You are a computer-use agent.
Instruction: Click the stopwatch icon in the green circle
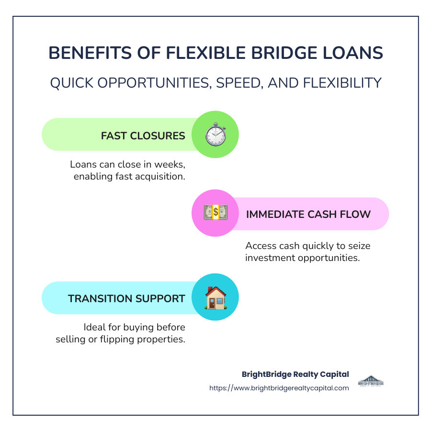(215, 135)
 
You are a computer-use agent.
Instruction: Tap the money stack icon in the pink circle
(215, 214)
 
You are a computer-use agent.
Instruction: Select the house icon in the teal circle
(215, 297)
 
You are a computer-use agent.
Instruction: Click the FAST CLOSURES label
(143, 136)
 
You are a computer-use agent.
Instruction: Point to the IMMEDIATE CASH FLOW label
(308, 214)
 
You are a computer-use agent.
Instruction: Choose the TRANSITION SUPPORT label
(126, 298)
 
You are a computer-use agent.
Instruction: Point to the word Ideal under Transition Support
(95, 328)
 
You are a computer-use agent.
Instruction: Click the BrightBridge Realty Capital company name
(295, 374)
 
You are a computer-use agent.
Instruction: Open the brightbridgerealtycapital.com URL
(279, 388)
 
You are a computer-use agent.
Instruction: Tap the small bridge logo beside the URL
(371, 381)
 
